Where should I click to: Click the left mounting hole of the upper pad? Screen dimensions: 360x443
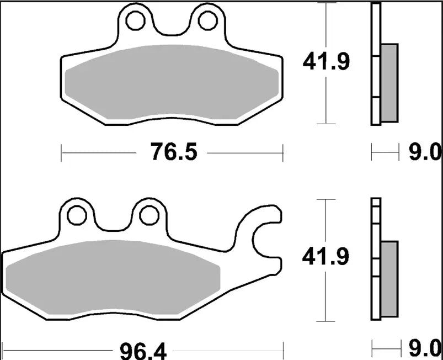pyautogui.click(x=134, y=20)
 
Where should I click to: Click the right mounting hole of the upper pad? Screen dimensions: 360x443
pyautogui.click(x=207, y=20)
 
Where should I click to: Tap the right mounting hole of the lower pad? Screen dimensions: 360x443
pyautogui.click(x=148, y=215)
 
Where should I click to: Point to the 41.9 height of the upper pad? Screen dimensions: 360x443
pyautogui.click(x=325, y=63)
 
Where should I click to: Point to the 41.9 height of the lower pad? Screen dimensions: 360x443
pyautogui.click(x=325, y=257)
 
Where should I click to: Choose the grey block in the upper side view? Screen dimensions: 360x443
pyautogui.click(x=389, y=83)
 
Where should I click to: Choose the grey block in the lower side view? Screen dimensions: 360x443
pyautogui.click(x=389, y=278)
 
